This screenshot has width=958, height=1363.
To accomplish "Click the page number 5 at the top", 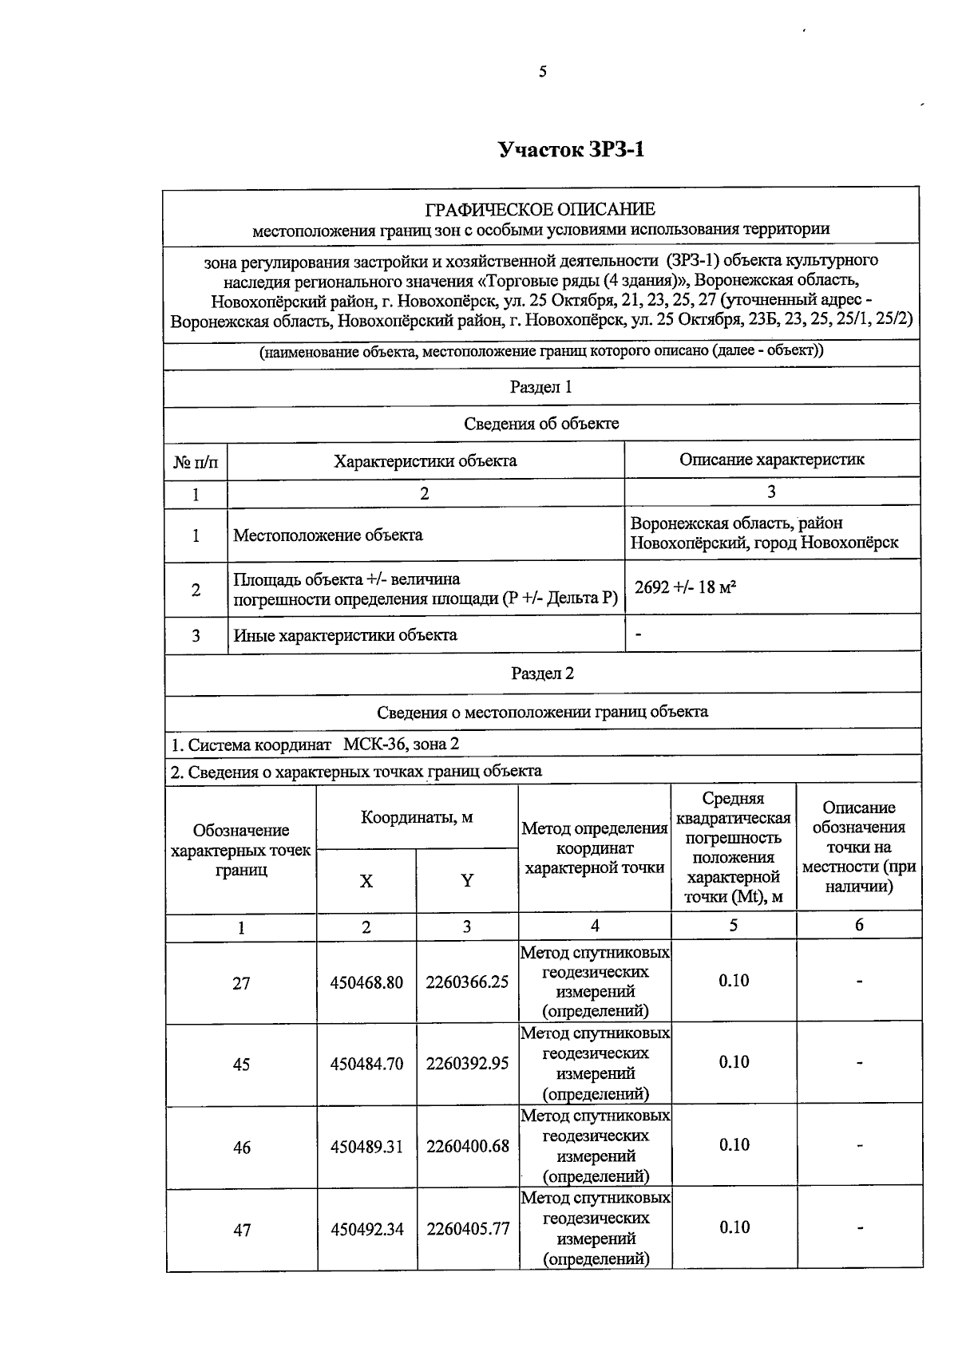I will [x=543, y=73].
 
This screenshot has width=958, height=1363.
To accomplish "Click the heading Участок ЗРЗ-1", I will [x=571, y=150].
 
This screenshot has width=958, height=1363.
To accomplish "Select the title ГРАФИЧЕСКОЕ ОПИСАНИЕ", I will [x=540, y=210].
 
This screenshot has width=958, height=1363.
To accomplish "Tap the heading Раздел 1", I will [x=540, y=388].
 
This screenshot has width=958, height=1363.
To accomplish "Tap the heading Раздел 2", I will [x=542, y=674].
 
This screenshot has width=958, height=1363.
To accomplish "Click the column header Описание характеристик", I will [x=771, y=460].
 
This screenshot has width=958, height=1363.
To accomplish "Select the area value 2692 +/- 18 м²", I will [x=685, y=588].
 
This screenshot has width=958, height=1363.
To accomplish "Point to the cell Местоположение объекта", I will [x=328, y=535].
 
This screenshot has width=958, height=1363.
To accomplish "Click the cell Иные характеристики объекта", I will [x=345, y=636].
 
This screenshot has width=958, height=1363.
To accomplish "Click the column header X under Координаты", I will [x=366, y=881].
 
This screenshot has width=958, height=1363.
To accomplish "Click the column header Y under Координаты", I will [x=467, y=881].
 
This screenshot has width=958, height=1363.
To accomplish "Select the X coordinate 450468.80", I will [x=366, y=982].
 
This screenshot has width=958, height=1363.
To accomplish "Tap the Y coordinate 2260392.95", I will [x=467, y=1064].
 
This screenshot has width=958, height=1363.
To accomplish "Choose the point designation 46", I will [x=241, y=1148].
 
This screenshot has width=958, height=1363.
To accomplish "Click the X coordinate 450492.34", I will [x=366, y=1230].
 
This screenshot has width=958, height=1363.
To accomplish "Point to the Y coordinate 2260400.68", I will [x=467, y=1147].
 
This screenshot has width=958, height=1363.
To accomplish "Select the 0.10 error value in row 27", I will [x=733, y=981].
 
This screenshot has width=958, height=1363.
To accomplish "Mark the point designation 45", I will [x=241, y=1065].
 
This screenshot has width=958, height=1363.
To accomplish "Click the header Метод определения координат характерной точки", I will [x=594, y=848].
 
